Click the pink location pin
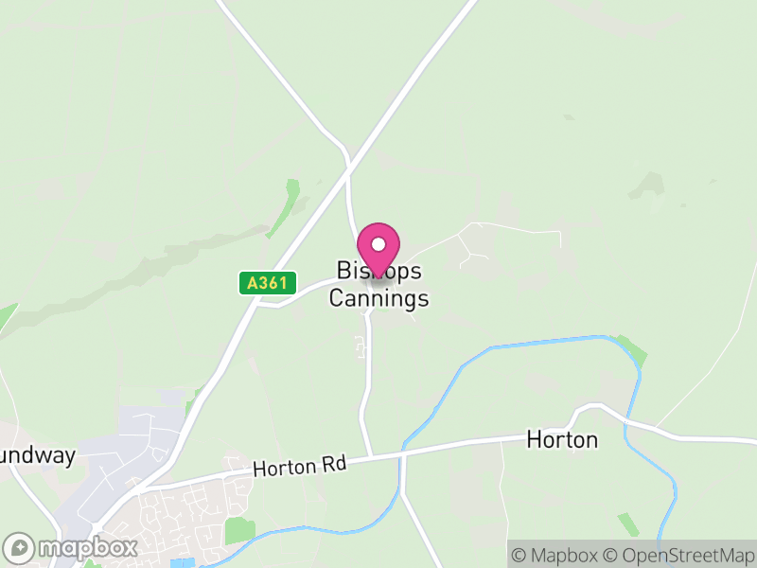378,250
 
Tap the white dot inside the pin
378,244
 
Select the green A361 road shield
268,283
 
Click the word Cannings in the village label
378,298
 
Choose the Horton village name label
562,440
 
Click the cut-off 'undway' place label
37,455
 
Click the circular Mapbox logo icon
20,548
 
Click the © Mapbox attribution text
555,555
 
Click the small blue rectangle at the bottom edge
182,563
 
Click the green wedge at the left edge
7,318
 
